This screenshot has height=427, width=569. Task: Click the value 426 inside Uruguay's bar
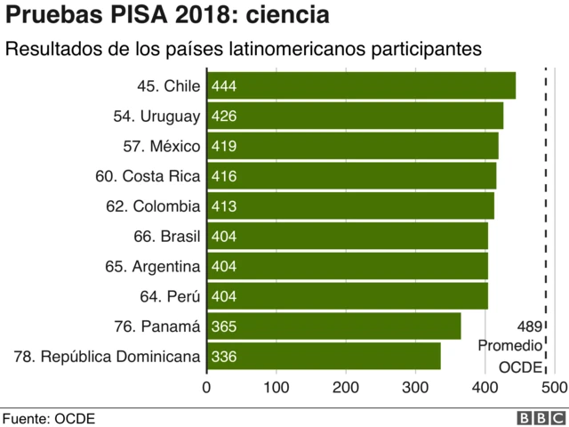click(x=224, y=117)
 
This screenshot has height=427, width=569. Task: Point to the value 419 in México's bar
click(x=224, y=147)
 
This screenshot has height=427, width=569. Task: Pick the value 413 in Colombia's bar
click(x=224, y=206)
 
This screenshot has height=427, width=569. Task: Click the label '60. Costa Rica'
click(x=148, y=176)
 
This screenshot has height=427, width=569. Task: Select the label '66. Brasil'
click(x=166, y=237)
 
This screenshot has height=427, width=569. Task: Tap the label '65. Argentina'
click(x=155, y=266)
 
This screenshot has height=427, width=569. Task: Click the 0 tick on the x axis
click(x=207, y=387)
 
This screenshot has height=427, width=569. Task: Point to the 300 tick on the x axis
click(x=415, y=387)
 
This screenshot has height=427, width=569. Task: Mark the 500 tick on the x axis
click(x=553, y=387)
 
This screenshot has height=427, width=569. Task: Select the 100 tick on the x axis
click(x=276, y=387)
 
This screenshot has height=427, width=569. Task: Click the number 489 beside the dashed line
click(x=529, y=326)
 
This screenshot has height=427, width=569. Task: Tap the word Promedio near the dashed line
click(x=509, y=346)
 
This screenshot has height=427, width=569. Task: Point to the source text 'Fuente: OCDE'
click(x=48, y=417)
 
